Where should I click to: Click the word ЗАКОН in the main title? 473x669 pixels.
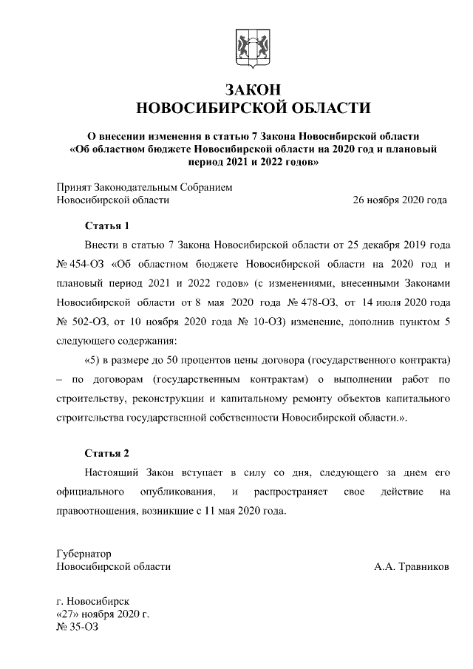[253, 89]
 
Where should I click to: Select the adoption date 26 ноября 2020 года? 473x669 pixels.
[400, 200]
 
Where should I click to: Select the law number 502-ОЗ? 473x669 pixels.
[92, 322]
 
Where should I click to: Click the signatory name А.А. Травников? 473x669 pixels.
[411, 566]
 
